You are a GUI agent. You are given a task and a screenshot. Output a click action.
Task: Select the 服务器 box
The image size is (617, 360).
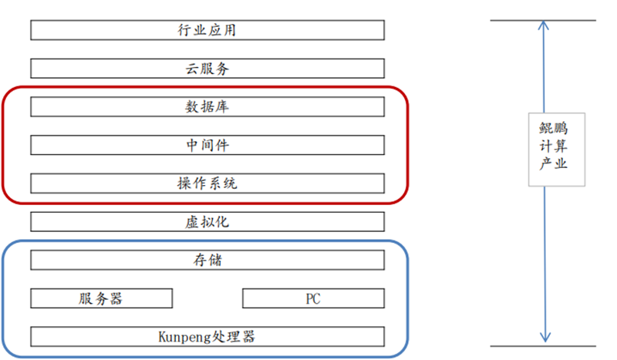pos(101,298)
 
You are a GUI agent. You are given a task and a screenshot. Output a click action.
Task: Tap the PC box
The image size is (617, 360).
pos(313,298)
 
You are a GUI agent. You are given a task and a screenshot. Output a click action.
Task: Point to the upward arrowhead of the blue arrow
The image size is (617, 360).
pos(545,25)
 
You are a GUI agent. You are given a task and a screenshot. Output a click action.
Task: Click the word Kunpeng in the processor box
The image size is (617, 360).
pos(182,337)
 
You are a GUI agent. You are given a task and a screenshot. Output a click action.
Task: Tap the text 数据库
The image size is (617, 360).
pos(207,106)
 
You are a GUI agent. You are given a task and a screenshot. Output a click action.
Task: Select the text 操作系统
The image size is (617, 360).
pos(207,183)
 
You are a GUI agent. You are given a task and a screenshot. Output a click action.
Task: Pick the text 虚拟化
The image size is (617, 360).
pos(207,221)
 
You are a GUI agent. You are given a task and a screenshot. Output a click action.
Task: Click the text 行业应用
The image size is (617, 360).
pos(207,30)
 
